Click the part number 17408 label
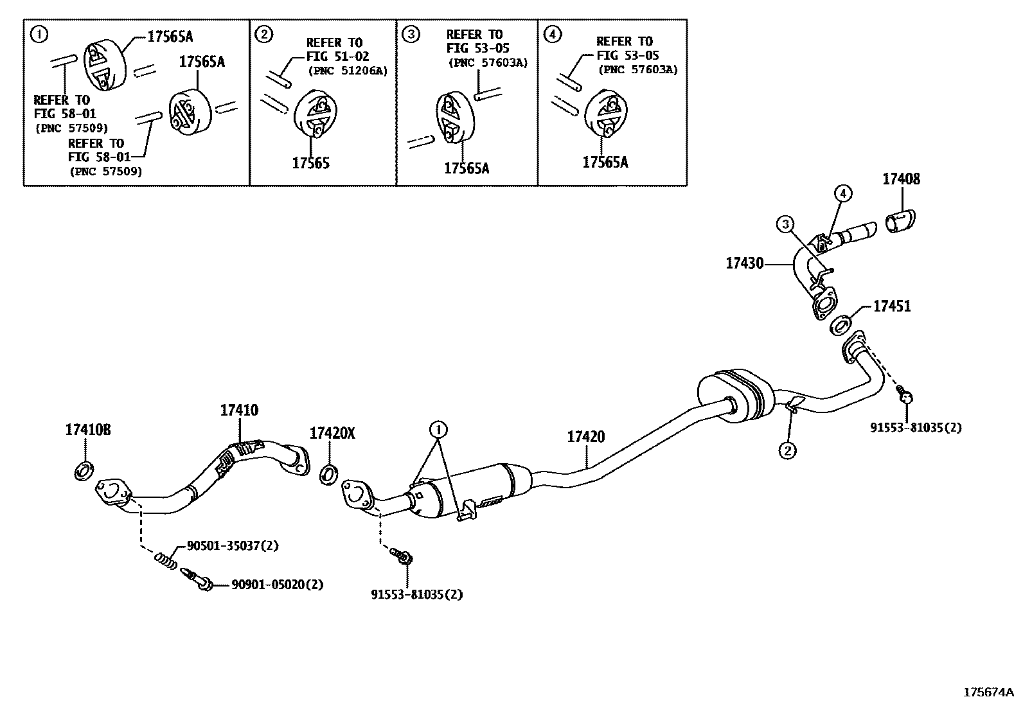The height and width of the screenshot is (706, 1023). (x=901, y=179)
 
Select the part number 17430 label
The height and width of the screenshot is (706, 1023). (x=745, y=263)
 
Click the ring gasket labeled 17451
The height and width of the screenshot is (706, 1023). (x=842, y=326)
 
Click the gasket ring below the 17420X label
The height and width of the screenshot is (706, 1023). (x=329, y=475)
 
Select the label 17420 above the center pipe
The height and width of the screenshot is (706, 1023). (x=585, y=437)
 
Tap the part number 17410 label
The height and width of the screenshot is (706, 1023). (x=239, y=410)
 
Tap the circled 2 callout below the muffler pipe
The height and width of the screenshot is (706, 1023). (x=788, y=451)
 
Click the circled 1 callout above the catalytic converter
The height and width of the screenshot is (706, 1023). (x=438, y=428)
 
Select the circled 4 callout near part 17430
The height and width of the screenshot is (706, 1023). (x=843, y=193)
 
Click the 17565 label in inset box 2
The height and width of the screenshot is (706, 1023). (x=311, y=164)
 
